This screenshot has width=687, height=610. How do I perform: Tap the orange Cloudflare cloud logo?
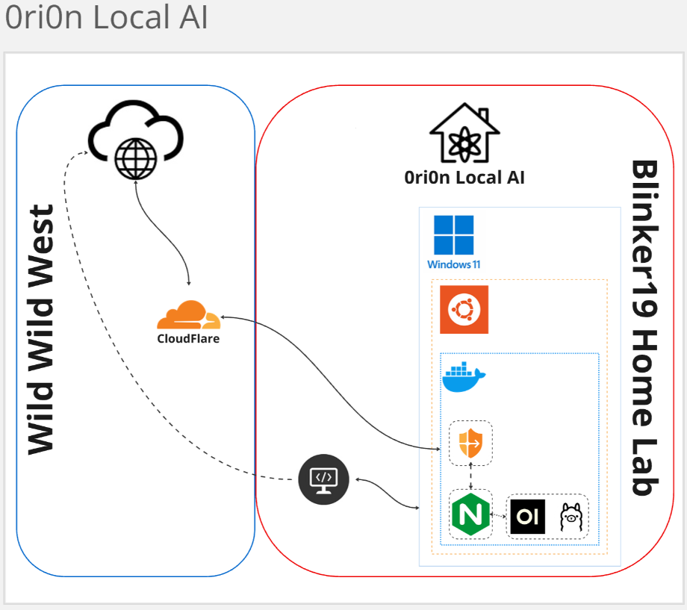(x=188, y=315)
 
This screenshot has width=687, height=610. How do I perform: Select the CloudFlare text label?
(x=188, y=338)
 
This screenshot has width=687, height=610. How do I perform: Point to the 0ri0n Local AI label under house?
(x=464, y=178)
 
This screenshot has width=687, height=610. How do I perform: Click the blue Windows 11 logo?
(x=453, y=235)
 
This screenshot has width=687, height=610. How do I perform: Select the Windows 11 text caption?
(x=453, y=264)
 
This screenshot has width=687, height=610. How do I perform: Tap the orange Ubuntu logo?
(x=464, y=309)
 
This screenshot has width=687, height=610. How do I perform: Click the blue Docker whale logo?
(x=464, y=377)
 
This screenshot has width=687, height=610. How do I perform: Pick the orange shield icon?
(x=470, y=443)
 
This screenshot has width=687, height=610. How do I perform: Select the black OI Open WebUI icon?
(x=527, y=516)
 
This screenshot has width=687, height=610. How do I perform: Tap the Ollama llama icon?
(x=570, y=516)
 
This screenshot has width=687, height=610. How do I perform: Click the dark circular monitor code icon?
(x=324, y=479)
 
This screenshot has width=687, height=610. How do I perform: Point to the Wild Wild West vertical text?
(x=42, y=329)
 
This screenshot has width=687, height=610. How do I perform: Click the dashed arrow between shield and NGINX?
(x=471, y=477)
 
